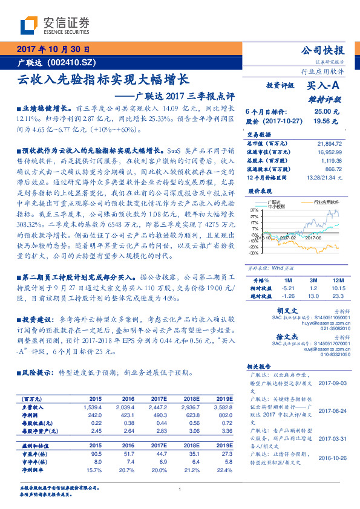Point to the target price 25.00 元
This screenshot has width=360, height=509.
(322, 112)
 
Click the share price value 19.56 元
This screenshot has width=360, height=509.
(321, 121)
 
